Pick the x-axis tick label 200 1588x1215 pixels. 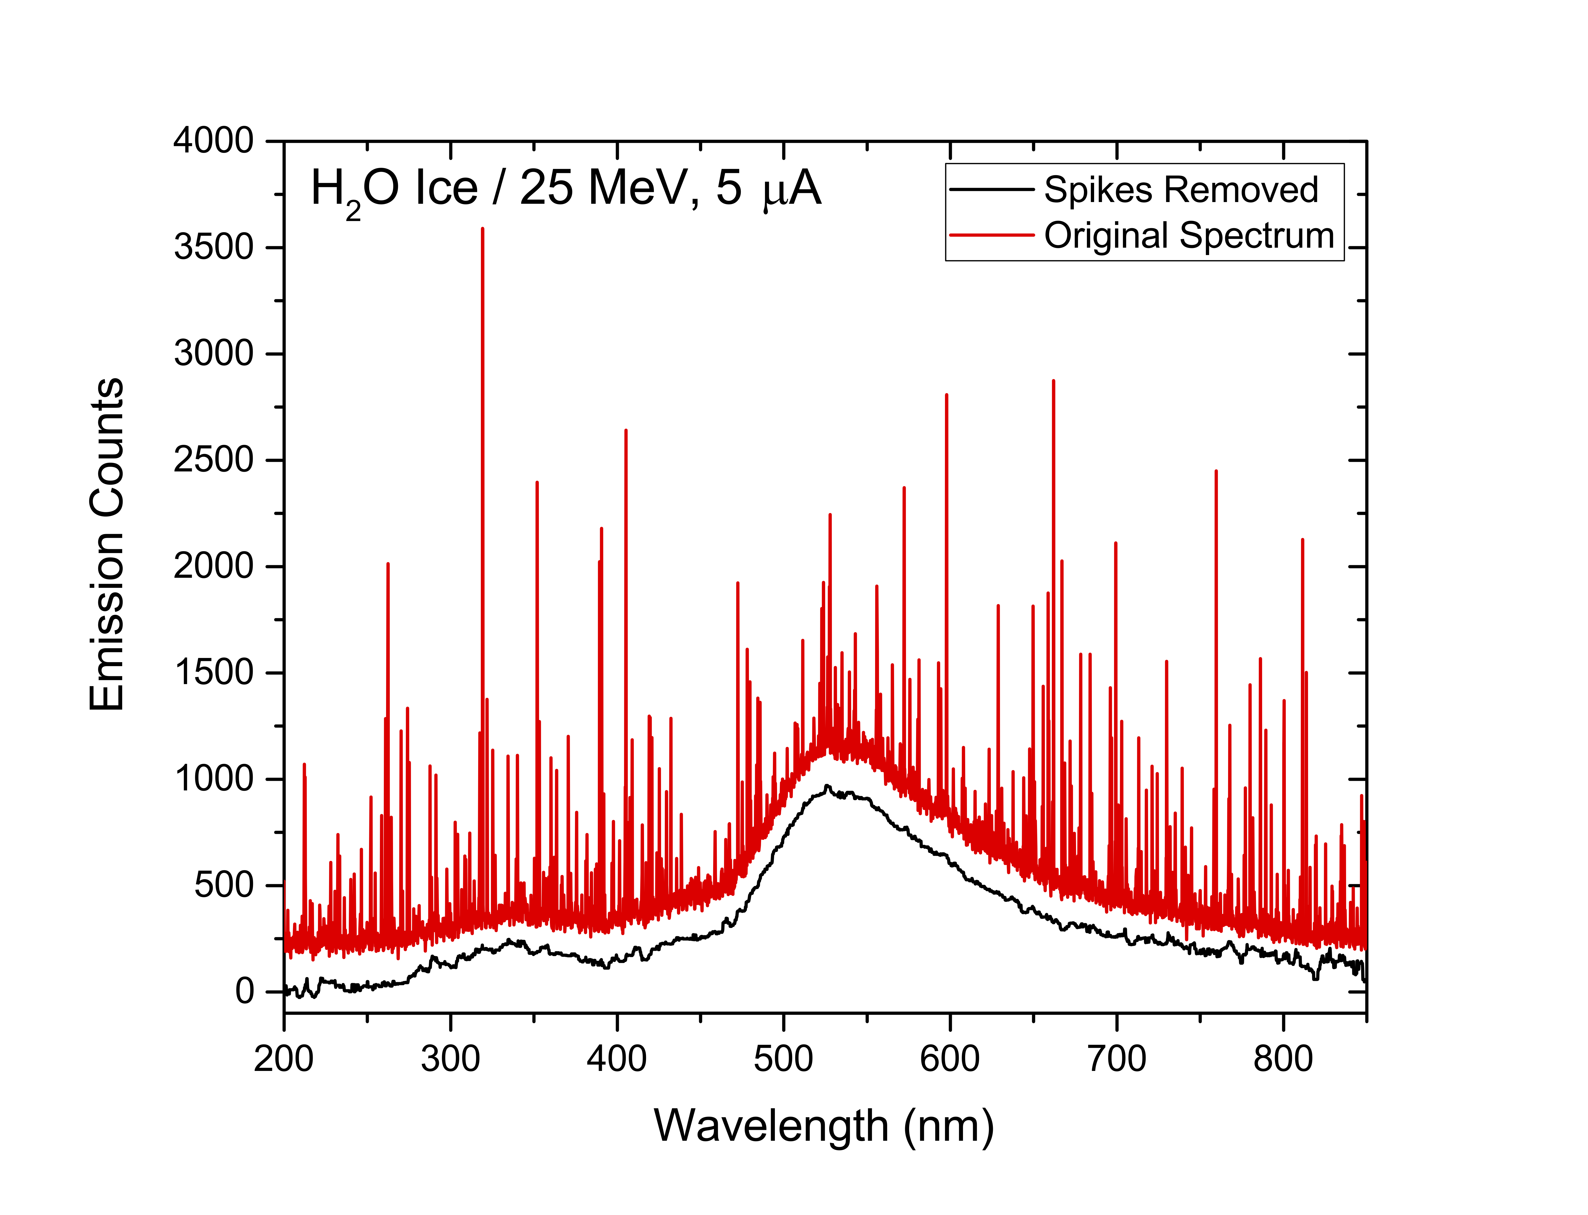tap(284, 1060)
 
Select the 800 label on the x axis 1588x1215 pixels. tap(1283, 1060)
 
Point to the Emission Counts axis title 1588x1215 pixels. tap(107, 544)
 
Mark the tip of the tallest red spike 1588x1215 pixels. tap(483, 229)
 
